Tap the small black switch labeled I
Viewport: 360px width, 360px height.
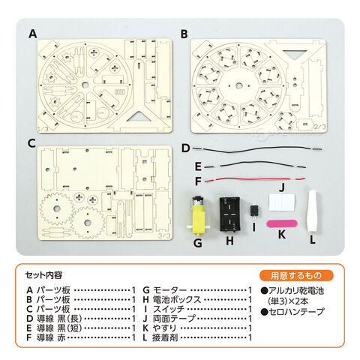(254, 210)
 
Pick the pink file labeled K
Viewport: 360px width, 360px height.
(282, 223)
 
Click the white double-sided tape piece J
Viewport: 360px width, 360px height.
(282, 202)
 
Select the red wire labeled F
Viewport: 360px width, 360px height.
(254, 180)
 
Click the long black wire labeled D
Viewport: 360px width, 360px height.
(257, 149)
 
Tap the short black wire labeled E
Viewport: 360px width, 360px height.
(255, 165)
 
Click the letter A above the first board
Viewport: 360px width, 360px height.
(33, 34)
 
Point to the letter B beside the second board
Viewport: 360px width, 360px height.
(184, 34)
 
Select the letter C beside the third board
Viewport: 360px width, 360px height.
(31, 143)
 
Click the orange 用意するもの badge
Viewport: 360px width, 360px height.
(296, 275)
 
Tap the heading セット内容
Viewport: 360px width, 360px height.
(43, 275)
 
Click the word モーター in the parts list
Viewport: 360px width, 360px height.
(169, 290)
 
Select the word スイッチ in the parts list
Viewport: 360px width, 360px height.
(169, 309)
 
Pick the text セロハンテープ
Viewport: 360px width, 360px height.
(296, 311)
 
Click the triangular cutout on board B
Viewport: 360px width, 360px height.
(294, 54)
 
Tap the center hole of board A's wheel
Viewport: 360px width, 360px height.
(85, 85)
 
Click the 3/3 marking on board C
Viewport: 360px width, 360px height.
(164, 235)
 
